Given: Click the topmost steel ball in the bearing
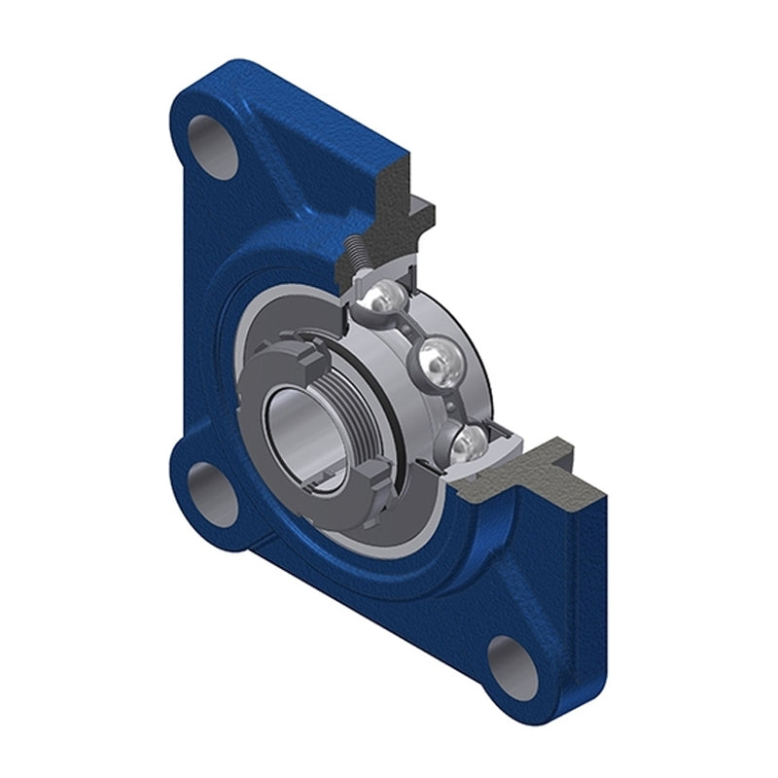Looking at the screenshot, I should point(382,298).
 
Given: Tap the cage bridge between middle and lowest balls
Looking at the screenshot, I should point(455,404).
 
